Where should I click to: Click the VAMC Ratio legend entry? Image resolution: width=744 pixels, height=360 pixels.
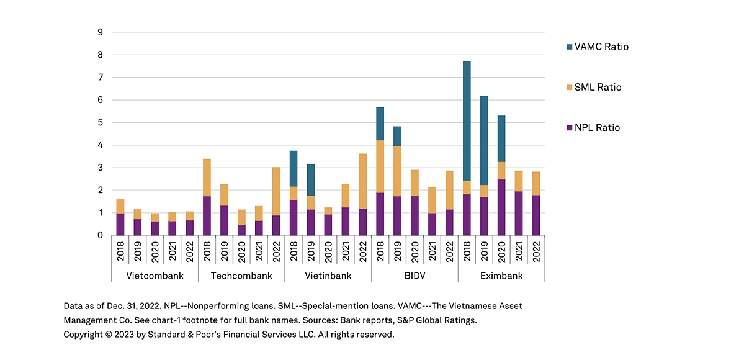tap(601, 47)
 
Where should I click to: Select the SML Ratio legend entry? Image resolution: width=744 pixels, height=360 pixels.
tap(597, 87)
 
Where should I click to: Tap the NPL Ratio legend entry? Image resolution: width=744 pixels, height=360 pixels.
tap(596, 128)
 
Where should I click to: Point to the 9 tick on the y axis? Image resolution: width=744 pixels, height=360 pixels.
tap(99, 32)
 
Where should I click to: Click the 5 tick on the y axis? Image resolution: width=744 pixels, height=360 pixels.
tap(99, 122)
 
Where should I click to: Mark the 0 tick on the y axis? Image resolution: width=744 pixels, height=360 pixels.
tap(99, 235)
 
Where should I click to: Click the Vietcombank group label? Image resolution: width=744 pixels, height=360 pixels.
tap(155, 276)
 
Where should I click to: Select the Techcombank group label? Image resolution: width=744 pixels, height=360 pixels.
tap(241, 276)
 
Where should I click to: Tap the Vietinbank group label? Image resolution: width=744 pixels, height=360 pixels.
tap(328, 276)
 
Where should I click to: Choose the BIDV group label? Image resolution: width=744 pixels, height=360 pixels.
tap(415, 276)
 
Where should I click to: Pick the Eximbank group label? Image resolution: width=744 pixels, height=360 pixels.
tap(501, 276)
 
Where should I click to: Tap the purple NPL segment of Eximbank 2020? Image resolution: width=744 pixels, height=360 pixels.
tap(501, 207)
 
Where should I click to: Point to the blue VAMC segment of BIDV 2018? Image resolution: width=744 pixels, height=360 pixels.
tap(380, 124)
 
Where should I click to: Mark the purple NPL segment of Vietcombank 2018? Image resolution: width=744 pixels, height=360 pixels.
tap(120, 224)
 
